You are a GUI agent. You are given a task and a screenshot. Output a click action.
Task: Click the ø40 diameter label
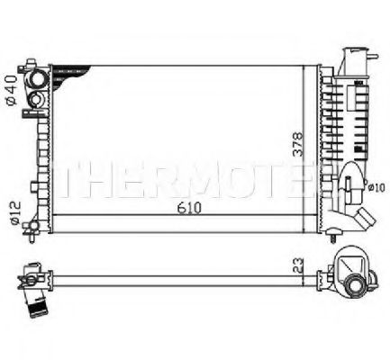(11, 90)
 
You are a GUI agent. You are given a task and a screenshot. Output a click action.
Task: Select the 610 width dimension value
(189, 208)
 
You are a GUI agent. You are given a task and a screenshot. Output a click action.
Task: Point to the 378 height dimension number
(297, 144)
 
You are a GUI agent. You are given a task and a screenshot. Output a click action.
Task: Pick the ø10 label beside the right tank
(376, 188)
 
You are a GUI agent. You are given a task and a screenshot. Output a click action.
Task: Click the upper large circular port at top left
(39, 78)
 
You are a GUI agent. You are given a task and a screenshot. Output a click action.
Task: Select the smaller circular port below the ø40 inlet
(37, 100)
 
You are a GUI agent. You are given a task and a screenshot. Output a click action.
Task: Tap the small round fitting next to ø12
(32, 226)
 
